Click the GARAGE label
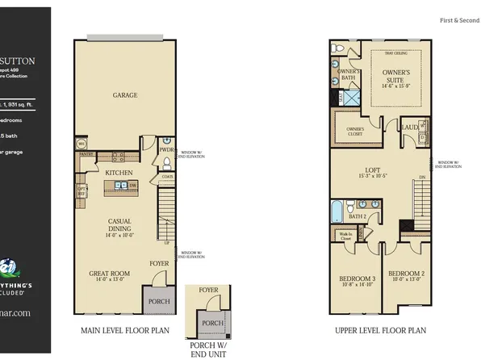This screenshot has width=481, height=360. tap(125, 95)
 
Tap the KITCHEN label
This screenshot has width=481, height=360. tap(119, 173)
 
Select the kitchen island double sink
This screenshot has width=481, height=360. tap(119, 186)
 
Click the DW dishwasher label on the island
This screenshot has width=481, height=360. tap(132, 186)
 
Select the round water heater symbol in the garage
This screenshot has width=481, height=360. tap(82, 144)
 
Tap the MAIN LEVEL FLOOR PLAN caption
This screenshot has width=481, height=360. tap(124, 330)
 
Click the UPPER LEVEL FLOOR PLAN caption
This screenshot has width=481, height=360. tap(381, 330)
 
